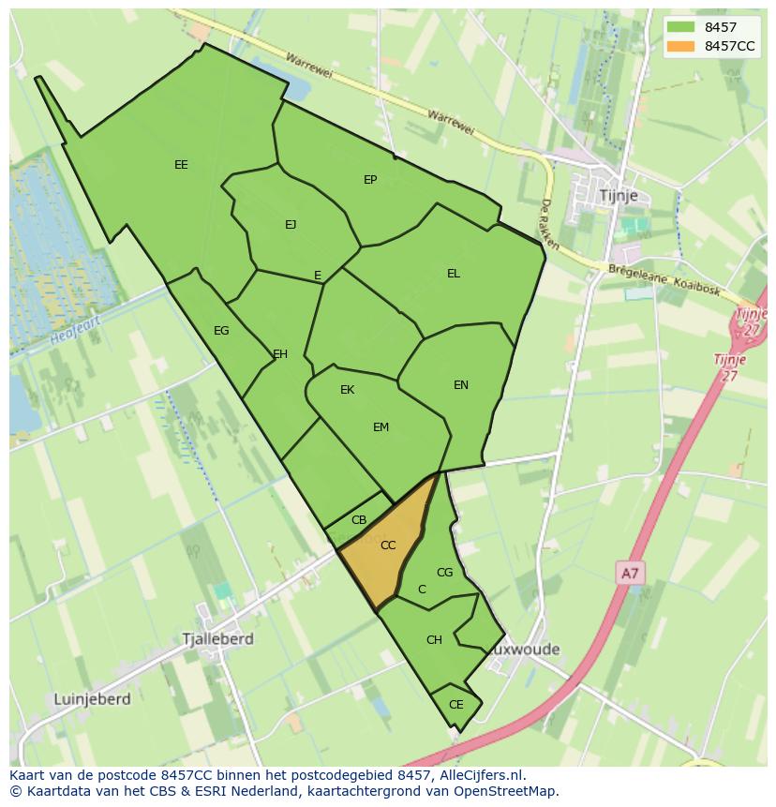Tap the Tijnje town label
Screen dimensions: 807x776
tap(618, 195)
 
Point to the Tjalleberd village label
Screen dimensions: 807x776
tap(218, 638)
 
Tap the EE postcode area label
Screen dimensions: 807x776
tap(181, 165)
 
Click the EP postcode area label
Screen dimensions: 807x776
tap(370, 179)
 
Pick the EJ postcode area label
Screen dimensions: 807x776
tap(291, 224)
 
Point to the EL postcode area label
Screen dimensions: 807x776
tap(454, 274)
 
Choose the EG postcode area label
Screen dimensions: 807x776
tap(221, 331)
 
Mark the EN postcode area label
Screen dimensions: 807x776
tap(461, 385)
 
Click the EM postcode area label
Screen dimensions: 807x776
tap(381, 427)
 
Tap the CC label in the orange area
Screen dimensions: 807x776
tap(388, 545)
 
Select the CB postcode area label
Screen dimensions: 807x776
tap(359, 520)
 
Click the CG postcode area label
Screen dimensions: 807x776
tap(444, 573)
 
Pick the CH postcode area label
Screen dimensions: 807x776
tap(434, 640)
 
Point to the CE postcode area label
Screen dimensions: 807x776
tap(456, 705)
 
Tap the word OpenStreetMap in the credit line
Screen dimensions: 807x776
tap(505, 791)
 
